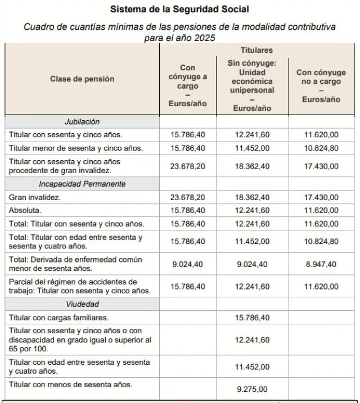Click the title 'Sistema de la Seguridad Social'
179,9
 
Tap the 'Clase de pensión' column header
82,79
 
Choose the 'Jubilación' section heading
82,121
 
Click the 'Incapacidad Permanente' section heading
82,184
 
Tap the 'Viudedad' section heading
82,304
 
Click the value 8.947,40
321,264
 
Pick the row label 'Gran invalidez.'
35,197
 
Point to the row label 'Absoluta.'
25,210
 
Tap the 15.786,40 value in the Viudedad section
253,318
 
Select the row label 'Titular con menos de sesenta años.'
71,384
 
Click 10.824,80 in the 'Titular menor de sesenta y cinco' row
321,148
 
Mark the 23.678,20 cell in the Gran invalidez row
188,197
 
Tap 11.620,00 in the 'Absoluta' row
321,210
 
